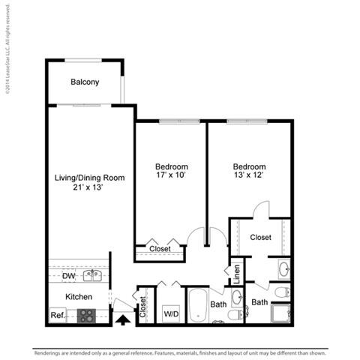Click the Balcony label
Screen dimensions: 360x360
click(x=85, y=82)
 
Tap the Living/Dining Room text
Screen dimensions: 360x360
click(x=89, y=178)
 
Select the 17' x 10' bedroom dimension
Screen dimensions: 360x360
click(x=171, y=175)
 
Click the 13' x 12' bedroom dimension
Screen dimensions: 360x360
click(x=249, y=175)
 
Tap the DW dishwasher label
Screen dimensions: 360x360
click(x=67, y=276)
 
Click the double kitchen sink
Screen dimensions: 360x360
click(x=93, y=276)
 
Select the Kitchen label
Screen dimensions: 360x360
click(x=79, y=297)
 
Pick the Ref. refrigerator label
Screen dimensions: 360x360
click(x=57, y=315)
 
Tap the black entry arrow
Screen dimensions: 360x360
click(x=121, y=320)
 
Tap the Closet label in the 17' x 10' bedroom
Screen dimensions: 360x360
click(x=160, y=249)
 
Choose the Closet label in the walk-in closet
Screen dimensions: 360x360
click(x=260, y=237)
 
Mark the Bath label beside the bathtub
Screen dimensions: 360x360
click(x=219, y=304)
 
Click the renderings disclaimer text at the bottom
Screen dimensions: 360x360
click(x=180, y=351)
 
